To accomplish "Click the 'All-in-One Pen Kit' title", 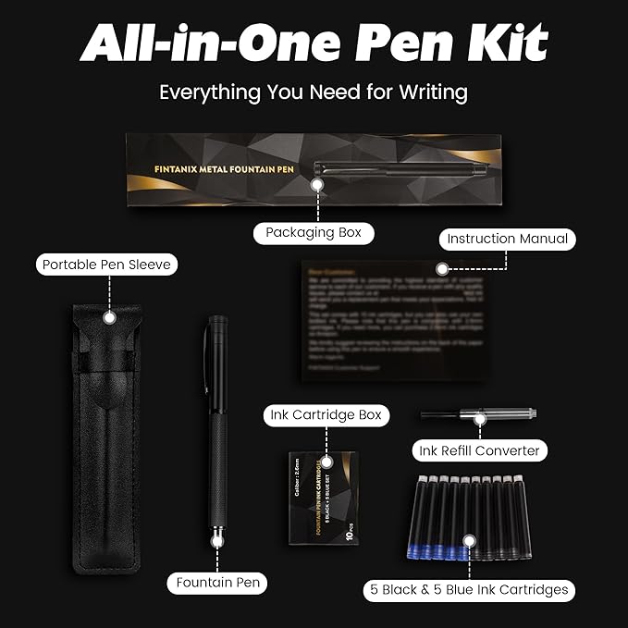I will [314, 44].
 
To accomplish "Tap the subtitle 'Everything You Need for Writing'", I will [314, 92].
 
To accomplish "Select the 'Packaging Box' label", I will [314, 232].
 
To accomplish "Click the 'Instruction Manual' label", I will [506, 239].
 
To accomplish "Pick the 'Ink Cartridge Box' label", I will [326, 415].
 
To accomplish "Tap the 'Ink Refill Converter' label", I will [479, 450].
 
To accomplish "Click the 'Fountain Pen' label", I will [219, 583].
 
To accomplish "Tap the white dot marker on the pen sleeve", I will [108, 317].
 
